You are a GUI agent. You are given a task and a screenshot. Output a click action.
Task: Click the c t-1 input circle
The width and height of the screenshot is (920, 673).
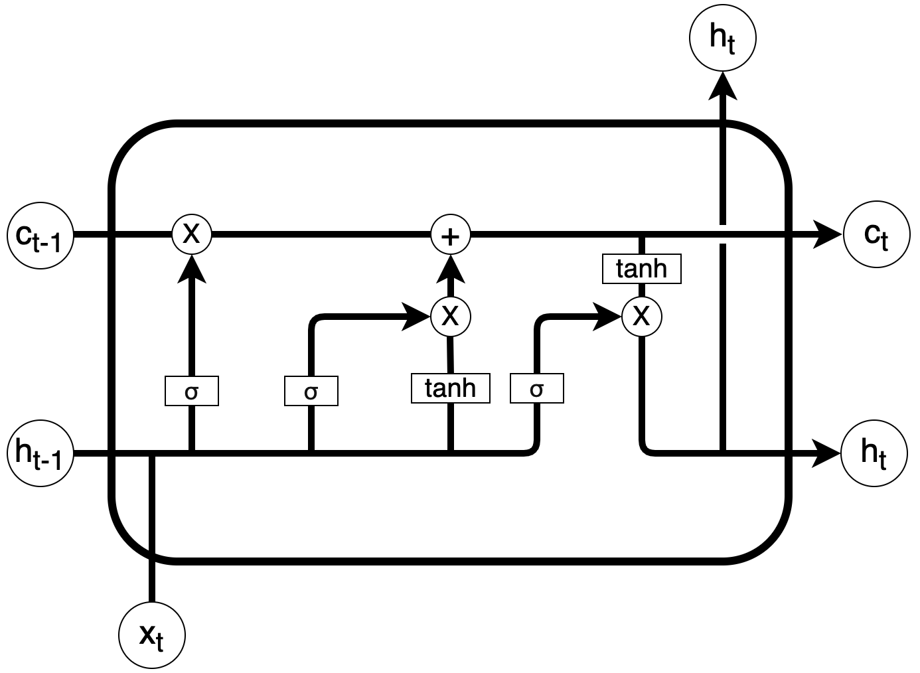pos(40,235)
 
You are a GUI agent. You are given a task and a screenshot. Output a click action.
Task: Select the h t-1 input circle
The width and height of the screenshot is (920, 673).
pos(40,454)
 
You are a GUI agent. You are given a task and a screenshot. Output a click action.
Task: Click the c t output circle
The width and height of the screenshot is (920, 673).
pos(876,235)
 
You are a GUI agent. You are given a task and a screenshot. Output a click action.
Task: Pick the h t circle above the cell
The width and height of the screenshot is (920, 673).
pos(723,38)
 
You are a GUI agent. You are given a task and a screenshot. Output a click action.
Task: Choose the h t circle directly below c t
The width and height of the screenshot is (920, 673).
pos(874,454)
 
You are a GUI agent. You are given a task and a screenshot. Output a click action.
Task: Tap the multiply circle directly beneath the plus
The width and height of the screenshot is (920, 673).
pos(451,315)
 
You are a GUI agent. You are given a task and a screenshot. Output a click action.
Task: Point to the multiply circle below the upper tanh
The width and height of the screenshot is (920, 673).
pos(642,316)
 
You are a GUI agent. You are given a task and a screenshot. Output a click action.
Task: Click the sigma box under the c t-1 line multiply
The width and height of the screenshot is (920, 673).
pos(192,391)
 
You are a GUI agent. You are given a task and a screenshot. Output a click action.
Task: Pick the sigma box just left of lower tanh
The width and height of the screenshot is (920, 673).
pos(311,391)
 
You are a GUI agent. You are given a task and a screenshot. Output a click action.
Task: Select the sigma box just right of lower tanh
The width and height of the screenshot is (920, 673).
pos(537,389)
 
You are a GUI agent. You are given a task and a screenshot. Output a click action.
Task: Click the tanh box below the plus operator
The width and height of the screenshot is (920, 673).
pos(451,388)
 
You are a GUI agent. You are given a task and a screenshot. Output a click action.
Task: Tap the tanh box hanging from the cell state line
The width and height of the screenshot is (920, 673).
pos(641,269)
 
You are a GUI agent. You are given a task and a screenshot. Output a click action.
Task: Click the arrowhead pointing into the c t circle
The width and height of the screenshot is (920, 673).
pos(830,235)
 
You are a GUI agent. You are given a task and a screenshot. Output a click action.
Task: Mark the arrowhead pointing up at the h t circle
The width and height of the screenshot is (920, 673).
pos(723,84)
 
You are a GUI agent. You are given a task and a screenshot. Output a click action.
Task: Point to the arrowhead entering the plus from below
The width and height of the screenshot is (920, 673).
pos(451,267)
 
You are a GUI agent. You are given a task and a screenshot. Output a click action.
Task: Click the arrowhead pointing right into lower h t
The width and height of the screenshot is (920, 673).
pos(828,454)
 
